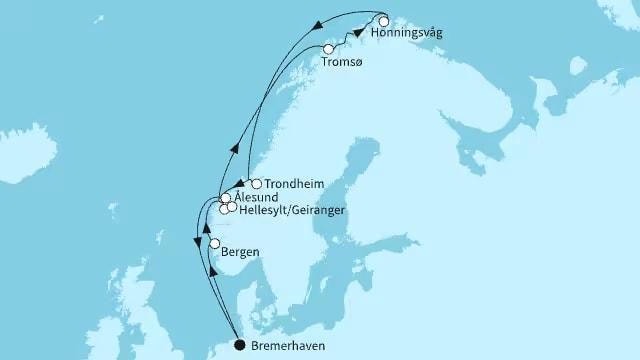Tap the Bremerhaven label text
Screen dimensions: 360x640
pos(291,347)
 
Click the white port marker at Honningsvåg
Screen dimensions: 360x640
pos(383,20)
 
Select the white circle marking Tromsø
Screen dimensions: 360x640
pos(330,49)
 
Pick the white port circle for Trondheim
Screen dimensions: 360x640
pos(257,184)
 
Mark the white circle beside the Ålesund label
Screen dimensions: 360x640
pos(227,198)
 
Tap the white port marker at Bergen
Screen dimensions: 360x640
pos(214,244)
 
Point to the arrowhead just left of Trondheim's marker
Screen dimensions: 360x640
pos(241,185)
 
